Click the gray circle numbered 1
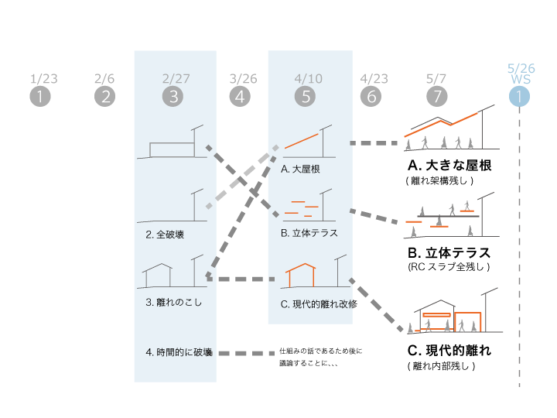(x=40, y=96)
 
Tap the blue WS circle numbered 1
(x=519, y=96)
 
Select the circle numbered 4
(x=240, y=96)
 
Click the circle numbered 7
(x=436, y=96)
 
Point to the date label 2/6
(x=104, y=78)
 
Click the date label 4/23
(x=374, y=78)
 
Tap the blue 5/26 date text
(x=521, y=68)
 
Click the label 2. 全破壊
(x=165, y=235)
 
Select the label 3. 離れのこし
(x=174, y=302)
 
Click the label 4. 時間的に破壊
(x=179, y=352)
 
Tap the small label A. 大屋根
(x=300, y=170)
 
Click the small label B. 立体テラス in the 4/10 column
(x=309, y=233)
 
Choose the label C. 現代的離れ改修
(x=319, y=304)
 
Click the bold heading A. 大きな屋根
(x=449, y=166)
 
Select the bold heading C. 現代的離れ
(x=449, y=351)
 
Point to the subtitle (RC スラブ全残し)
(x=449, y=266)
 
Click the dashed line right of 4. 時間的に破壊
(x=247, y=353)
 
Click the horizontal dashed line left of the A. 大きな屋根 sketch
(x=374, y=143)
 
